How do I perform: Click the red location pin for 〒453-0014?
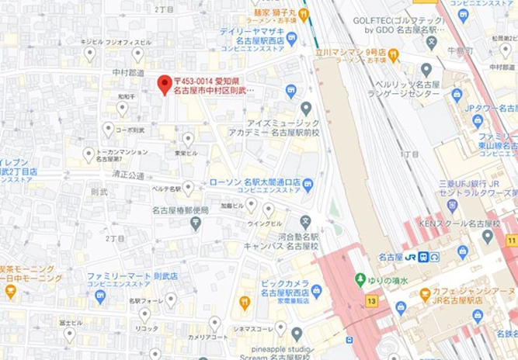tap(164, 84)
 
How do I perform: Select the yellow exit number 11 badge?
tap(511, 241)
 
